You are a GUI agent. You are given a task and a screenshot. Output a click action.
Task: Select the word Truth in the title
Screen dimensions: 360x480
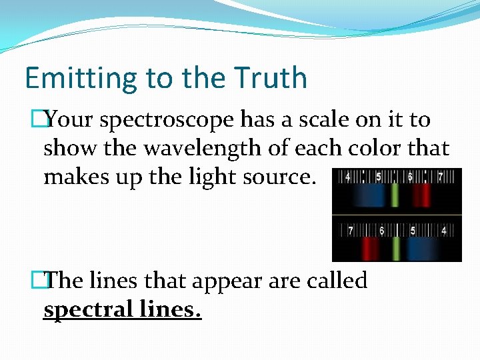coord(270,79)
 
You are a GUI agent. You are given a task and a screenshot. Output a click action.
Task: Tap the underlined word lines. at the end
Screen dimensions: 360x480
coord(171,309)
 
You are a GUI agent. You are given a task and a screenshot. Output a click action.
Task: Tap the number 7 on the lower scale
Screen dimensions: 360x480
coord(350,231)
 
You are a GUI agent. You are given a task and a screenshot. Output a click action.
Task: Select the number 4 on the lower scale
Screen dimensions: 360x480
coord(443,231)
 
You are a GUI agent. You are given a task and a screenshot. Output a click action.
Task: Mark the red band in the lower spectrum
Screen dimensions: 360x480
coord(369,249)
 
